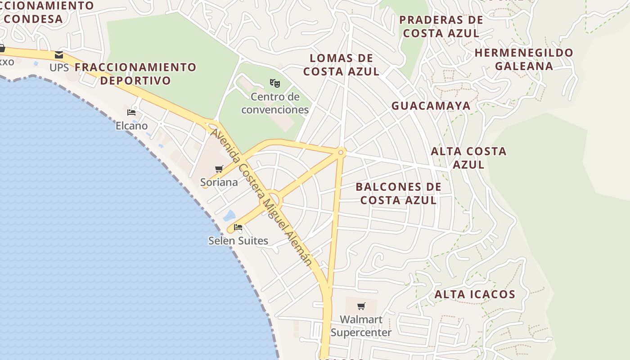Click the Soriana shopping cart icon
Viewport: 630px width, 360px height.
219,169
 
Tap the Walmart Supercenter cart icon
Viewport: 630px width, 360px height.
361,306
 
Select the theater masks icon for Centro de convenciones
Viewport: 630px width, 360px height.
275,83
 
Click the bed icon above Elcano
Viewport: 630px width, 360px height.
131,112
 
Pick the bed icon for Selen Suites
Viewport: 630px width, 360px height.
238,227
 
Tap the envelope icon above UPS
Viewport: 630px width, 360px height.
59,55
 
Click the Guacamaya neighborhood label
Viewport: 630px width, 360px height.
431,106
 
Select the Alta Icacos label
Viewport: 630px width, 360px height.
475,295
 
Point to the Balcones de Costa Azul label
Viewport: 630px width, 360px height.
398,193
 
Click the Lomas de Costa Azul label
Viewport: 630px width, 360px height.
341,65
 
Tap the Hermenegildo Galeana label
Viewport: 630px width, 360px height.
524,59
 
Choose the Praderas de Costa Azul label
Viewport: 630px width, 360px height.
441,27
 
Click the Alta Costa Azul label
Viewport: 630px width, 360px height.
468,157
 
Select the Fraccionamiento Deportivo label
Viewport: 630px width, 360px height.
135,74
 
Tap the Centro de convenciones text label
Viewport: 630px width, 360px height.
275,103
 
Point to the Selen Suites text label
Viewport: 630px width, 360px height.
238,241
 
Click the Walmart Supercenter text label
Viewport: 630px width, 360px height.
361,326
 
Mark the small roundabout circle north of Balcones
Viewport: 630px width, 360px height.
341,153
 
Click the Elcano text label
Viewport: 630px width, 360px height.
131,126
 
